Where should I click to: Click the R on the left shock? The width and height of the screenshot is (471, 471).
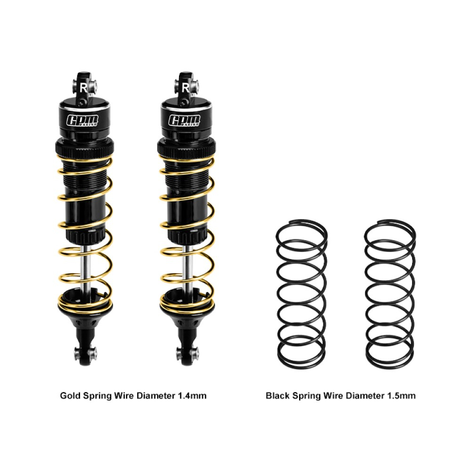[x=83, y=88]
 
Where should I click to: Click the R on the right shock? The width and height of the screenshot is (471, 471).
[x=185, y=88]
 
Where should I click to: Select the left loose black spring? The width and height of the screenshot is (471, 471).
[x=301, y=294]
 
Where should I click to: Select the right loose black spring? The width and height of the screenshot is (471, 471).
[x=390, y=294]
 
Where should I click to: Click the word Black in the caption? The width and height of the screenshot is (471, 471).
[x=278, y=395]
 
